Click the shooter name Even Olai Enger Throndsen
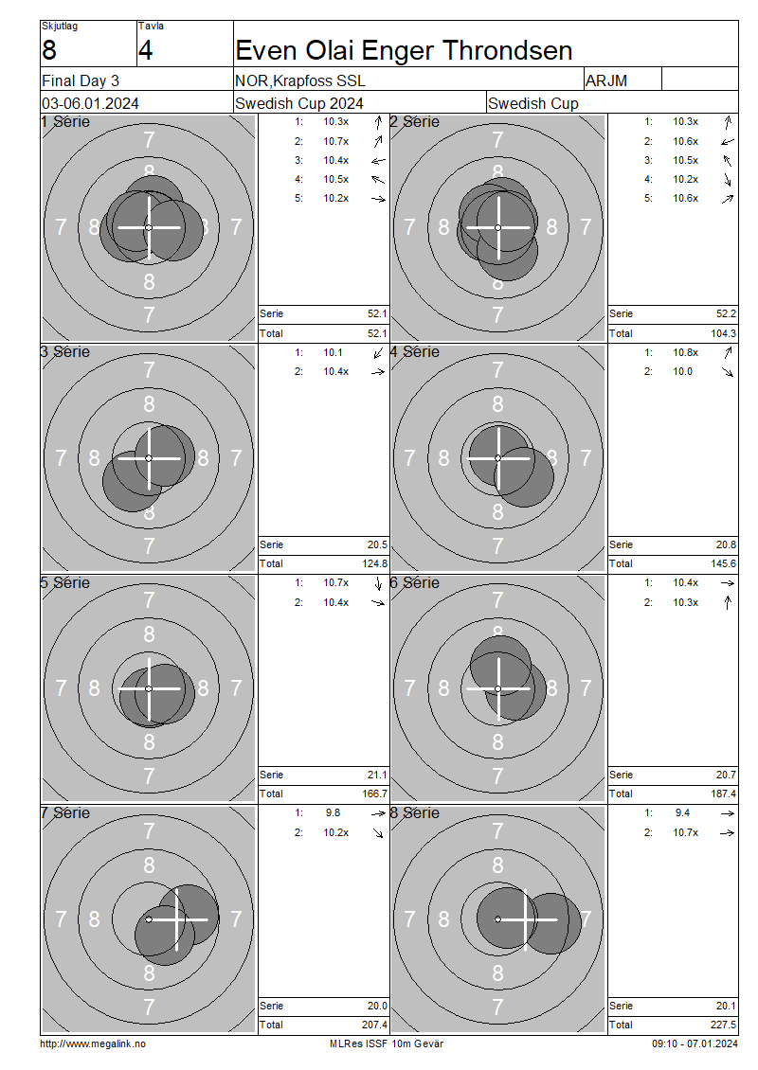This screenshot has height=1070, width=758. click(x=404, y=50)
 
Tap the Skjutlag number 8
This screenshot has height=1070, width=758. click(x=49, y=50)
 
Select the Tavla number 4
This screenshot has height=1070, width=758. click(x=146, y=50)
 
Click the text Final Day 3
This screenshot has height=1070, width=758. click(x=81, y=81)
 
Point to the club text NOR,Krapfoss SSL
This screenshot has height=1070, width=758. click(x=300, y=81)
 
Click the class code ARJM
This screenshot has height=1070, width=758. click(x=606, y=81)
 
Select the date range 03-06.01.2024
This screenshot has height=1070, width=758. click(x=90, y=104)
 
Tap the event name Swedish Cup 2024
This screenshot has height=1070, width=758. click(x=299, y=104)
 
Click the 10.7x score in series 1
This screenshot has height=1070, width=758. click(x=336, y=141)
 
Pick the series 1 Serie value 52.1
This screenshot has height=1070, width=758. click(x=377, y=314)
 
